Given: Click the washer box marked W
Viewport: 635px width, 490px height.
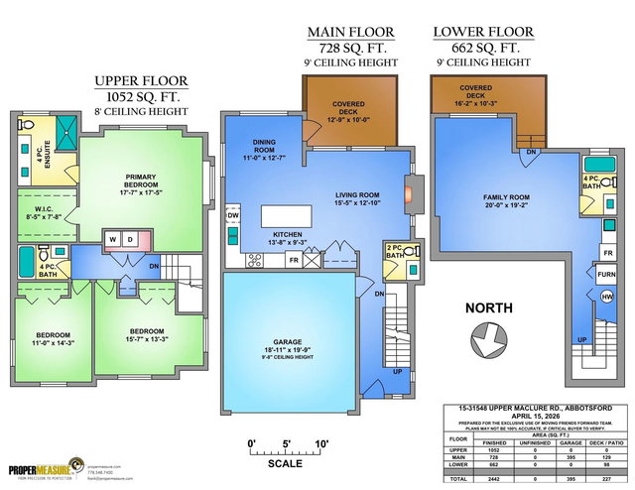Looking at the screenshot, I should point(114,240).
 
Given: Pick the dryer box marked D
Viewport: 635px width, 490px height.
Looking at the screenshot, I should point(131,240).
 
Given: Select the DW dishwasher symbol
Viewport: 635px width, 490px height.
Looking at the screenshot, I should point(233,215).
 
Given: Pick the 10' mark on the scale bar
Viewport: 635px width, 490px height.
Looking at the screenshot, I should point(321,442).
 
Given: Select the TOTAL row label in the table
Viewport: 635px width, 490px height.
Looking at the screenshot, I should point(457,479).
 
